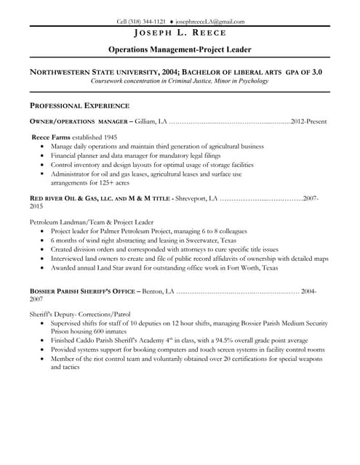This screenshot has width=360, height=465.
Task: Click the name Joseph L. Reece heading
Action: tap(180, 33)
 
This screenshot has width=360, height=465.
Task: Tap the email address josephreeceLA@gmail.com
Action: tap(210, 22)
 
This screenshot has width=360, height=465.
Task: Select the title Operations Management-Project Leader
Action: tap(180, 49)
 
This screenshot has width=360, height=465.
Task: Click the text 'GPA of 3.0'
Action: tap(306, 72)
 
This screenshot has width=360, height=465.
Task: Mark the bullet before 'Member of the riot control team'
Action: tap(43, 359)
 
